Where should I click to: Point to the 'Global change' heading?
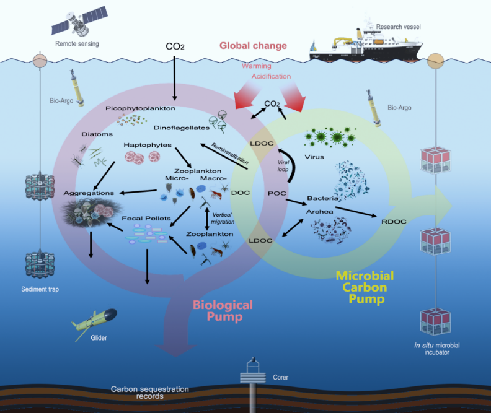(x=253, y=46)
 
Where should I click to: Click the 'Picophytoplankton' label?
(x=140, y=108)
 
